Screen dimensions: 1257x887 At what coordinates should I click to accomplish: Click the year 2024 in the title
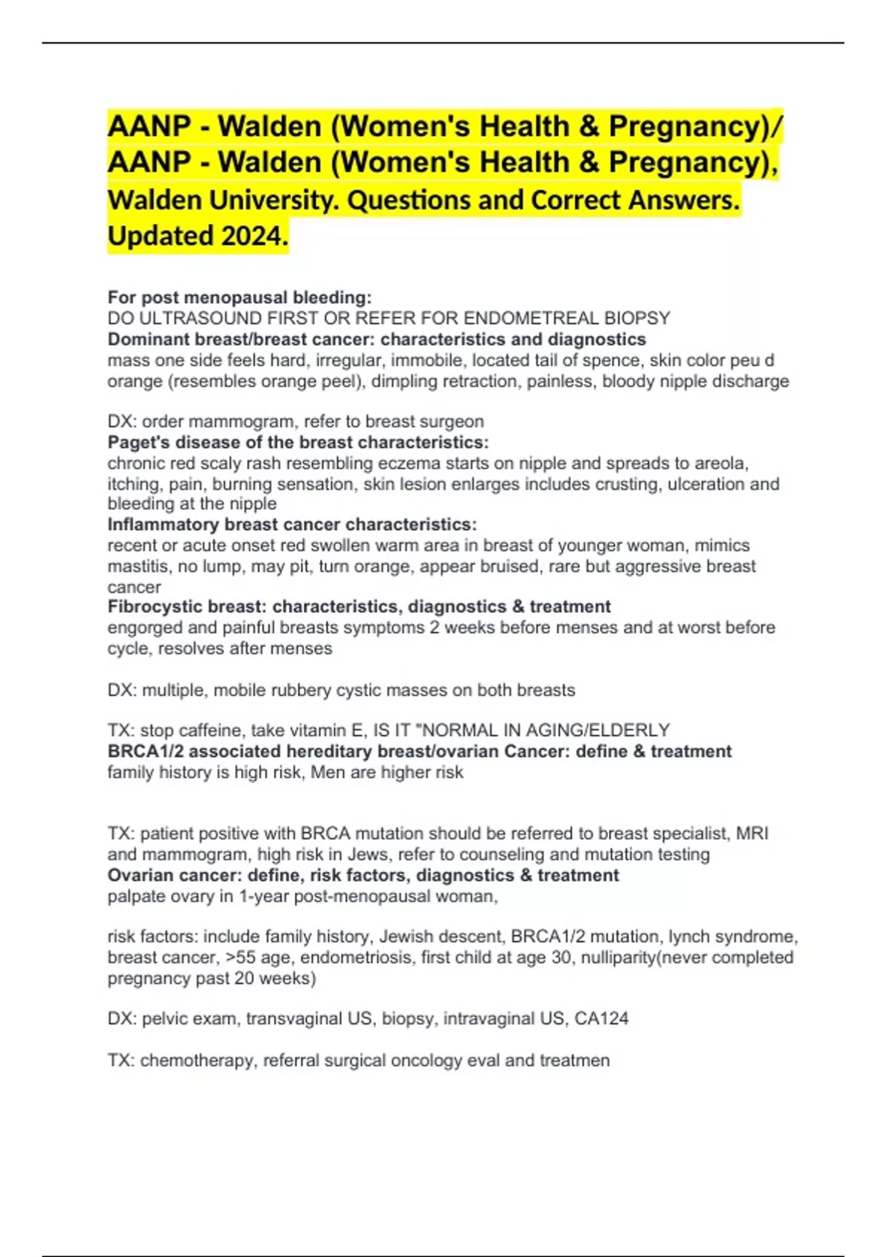coord(251,237)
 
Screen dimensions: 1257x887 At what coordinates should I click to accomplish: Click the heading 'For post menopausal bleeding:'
coord(239,297)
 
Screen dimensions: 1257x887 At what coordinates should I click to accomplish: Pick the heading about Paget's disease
coord(298,442)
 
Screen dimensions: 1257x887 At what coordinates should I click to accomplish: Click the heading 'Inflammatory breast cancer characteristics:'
coord(292,524)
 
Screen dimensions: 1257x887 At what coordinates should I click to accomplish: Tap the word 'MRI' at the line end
coord(752,833)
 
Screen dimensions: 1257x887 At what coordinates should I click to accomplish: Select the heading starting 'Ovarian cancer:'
coord(363,875)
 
